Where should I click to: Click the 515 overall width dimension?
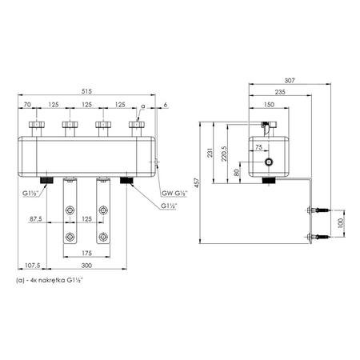[86, 91]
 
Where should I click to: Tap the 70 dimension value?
[27, 105]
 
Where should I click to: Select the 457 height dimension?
[197, 182]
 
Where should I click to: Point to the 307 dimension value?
[290, 80]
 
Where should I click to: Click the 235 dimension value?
[280, 92]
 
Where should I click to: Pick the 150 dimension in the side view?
[269, 105]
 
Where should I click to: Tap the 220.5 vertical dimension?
[224, 154]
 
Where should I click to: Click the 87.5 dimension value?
[36, 219]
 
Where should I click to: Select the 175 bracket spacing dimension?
[86, 253]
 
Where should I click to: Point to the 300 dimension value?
[86, 266]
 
